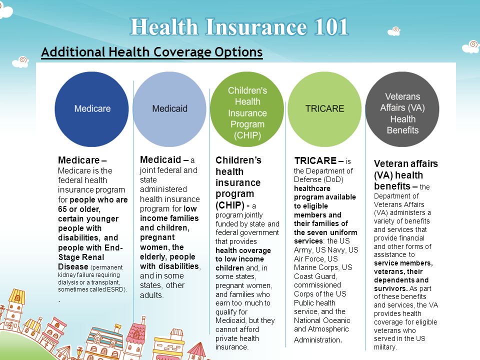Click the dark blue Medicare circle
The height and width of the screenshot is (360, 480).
91,109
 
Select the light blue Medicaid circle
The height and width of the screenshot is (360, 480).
169,109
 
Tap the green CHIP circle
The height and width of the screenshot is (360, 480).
247,109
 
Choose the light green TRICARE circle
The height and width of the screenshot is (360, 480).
324,109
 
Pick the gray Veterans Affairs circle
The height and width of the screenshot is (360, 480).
402,109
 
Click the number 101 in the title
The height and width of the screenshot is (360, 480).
331,27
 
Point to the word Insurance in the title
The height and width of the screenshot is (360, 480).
256,27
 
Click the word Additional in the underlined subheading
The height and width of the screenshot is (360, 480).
73,51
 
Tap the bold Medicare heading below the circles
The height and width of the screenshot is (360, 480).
78,160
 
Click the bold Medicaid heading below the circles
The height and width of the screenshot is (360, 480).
160,159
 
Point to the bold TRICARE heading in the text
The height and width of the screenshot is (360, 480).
315,160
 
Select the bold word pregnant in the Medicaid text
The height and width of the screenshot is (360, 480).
157,238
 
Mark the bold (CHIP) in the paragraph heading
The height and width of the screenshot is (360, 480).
230,205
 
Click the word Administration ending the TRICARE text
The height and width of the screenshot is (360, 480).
317,340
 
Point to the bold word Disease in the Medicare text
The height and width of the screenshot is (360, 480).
73,266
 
